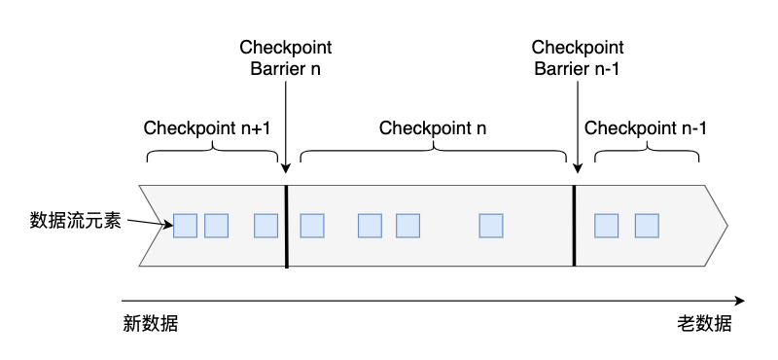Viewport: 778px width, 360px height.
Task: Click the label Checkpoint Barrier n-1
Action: pyautogui.click(x=579, y=57)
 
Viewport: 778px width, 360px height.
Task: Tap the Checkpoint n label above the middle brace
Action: pyautogui.click(x=433, y=127)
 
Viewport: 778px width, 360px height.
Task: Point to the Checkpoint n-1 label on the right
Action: pyautogui.click(x=646, y=127)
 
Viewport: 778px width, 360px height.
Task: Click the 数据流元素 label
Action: pyautogui.click(x=75, y=220)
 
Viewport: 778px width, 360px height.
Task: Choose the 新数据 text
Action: pyautogui.click(x=150, y=324)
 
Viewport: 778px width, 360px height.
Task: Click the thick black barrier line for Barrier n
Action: pyautogui.click(x=287, y=225)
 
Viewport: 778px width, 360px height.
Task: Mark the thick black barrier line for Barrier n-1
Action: pyautogui.click(x=574, y=225)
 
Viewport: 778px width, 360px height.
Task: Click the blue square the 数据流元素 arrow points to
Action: pyautogui.click(x=185, y=226)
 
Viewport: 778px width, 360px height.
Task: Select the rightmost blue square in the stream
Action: pyautogui.click(x=647, y=226)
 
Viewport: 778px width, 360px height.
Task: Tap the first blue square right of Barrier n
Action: pyautogui.click(x=311, y=226)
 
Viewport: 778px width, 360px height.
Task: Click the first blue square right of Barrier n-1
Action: pyautogui.click(x=606, y=226)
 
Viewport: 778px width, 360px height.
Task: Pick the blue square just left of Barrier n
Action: pyautogui.click(x=265, y=226)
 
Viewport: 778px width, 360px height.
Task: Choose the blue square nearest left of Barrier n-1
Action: pyautogui.click(x=491, y=226)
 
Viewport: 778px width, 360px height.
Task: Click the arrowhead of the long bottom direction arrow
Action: pyautogui.click(x=740, y=301)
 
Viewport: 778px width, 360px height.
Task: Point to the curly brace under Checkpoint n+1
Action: pyautogui.click(x=212, y=156)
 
